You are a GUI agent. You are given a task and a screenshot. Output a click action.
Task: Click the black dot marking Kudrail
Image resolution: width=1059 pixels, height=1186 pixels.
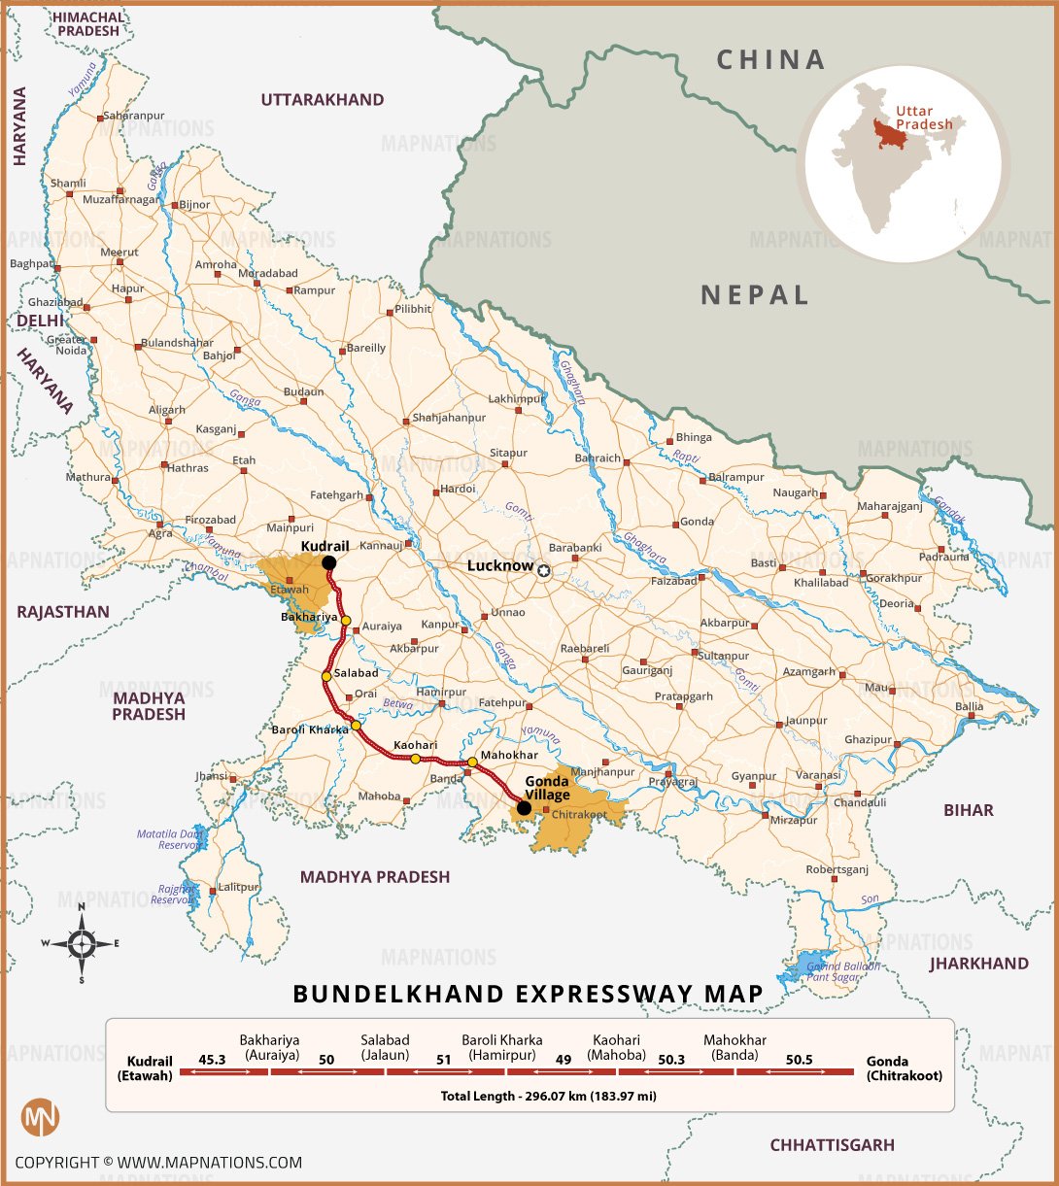[x=329, y=562]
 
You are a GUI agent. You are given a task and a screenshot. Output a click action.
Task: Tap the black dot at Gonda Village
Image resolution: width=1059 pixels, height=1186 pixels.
[x=524, y=807]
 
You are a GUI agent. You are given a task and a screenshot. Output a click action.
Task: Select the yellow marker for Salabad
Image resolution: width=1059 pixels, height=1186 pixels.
[x=326, y=676]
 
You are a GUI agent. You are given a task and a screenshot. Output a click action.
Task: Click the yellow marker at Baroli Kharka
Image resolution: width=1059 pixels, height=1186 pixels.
[x=356, y=725]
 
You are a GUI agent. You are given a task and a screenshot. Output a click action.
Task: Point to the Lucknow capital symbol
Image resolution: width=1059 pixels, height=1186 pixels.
[x=544, y=571]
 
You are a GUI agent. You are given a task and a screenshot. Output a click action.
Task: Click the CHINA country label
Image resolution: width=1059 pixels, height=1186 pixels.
[x=770, y=60]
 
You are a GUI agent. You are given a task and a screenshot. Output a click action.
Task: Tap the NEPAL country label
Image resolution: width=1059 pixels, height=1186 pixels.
[x=755, y=294]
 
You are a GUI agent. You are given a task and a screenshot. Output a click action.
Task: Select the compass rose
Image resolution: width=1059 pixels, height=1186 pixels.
[x=82, y=942]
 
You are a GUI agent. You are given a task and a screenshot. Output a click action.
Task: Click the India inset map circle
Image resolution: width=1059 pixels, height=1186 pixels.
[x=903, y=163]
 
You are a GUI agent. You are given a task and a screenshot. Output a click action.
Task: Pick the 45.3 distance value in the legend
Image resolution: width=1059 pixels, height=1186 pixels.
[x=212, y=1059]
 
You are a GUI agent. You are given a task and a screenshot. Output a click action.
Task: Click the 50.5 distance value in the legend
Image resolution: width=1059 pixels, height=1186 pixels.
[x=799, y=1059]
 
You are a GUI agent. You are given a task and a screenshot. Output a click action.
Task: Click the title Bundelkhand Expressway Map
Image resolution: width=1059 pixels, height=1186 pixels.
[x=528, y=994]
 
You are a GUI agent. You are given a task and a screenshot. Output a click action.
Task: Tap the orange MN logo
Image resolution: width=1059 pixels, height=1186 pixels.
[x=40, y=1116]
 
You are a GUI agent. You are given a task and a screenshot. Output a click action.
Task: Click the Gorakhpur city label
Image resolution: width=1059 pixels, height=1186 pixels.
[x=894, y=578]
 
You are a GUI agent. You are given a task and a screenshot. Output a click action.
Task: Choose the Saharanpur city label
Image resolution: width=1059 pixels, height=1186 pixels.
[x=133, y=115]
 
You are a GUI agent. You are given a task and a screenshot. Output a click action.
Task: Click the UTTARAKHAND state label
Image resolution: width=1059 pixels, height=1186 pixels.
[x=322, y=99]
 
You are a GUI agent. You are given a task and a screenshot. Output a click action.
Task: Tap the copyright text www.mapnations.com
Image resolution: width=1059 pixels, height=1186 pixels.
[x=157, y=1162]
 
